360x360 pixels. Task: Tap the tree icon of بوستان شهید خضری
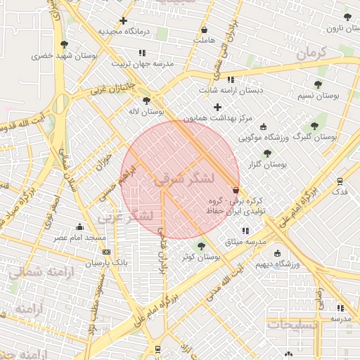(64, 44)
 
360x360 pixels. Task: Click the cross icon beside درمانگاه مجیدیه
(124, 20)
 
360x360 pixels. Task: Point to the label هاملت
(204, 41)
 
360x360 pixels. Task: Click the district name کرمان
(312, 53)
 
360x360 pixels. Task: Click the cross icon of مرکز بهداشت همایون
(217, 108)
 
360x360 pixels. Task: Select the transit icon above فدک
(340, 181)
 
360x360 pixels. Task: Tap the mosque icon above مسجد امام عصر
(79, 226)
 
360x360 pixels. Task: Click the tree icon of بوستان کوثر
(202, 246)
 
